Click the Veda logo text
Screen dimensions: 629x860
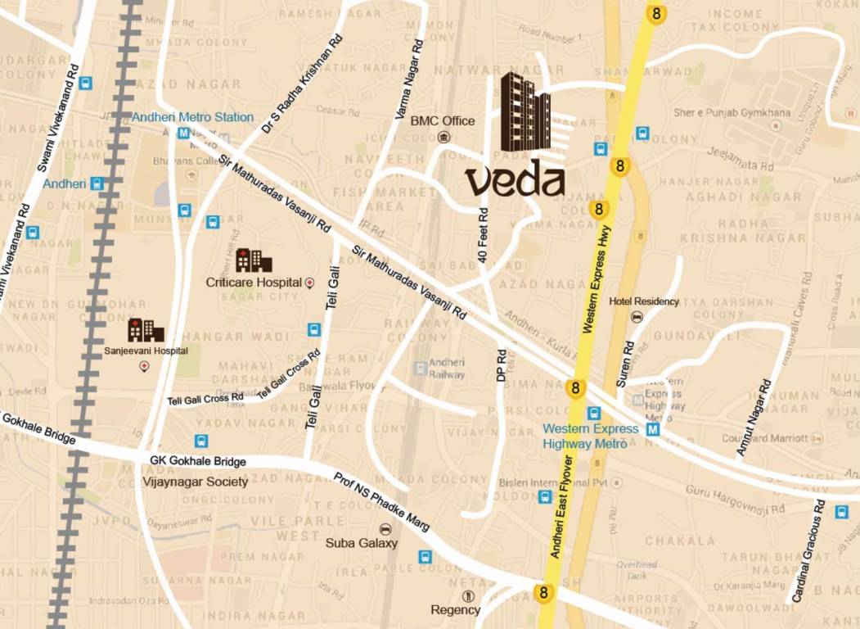click(515, 180)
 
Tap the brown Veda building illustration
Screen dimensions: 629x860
click(525, 113)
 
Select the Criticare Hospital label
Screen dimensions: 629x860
click(254, 283)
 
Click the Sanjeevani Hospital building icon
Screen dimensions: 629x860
click(146, 330)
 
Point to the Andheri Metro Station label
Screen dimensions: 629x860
click(193, 117)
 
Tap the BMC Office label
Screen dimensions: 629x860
click(442, 120)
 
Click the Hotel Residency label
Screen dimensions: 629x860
click(644, 301)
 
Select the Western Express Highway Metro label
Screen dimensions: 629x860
click(591, 436)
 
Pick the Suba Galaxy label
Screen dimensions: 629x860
click(361, 542)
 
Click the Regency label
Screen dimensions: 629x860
click(455, 609)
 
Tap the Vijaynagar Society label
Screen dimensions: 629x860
click(195, 482)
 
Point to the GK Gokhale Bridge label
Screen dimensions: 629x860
click(198, 461)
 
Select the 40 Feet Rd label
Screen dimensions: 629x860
click(484, 235)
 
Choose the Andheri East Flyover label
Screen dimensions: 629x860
click(561, 508)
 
